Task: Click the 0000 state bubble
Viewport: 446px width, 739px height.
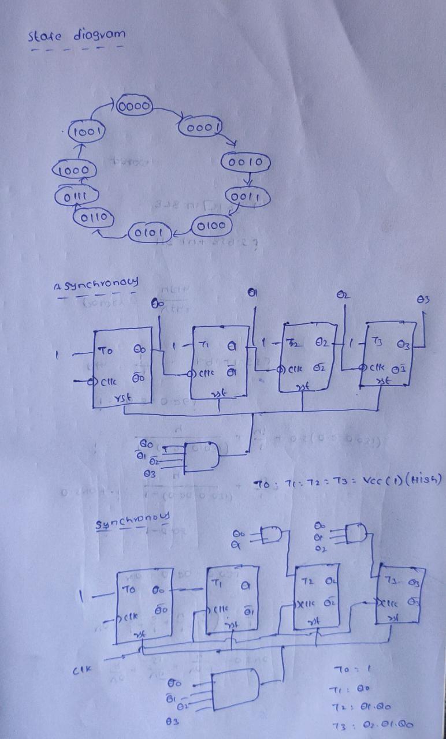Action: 134,107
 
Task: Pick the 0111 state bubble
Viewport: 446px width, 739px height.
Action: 70,197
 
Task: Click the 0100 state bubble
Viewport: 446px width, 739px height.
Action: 210,225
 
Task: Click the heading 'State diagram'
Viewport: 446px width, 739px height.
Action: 76,35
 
